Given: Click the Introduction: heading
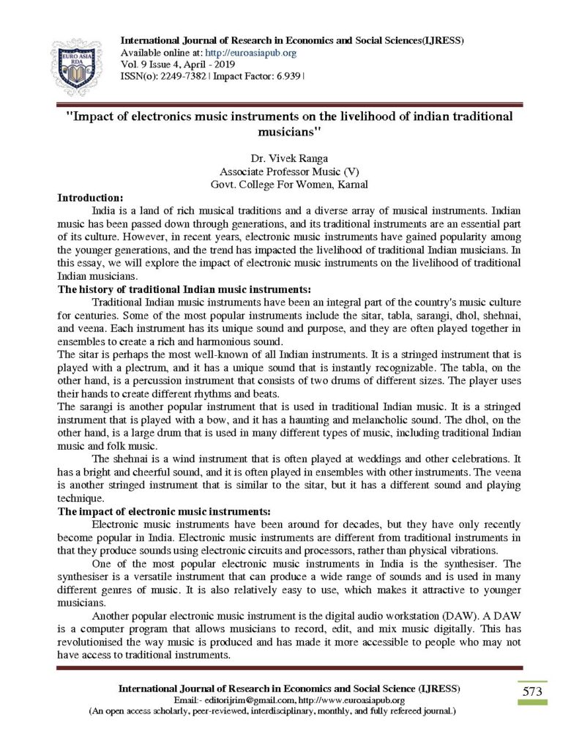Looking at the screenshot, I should point(91,196).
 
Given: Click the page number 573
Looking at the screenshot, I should point(532,691).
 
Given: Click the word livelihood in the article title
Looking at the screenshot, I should point(362,116).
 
